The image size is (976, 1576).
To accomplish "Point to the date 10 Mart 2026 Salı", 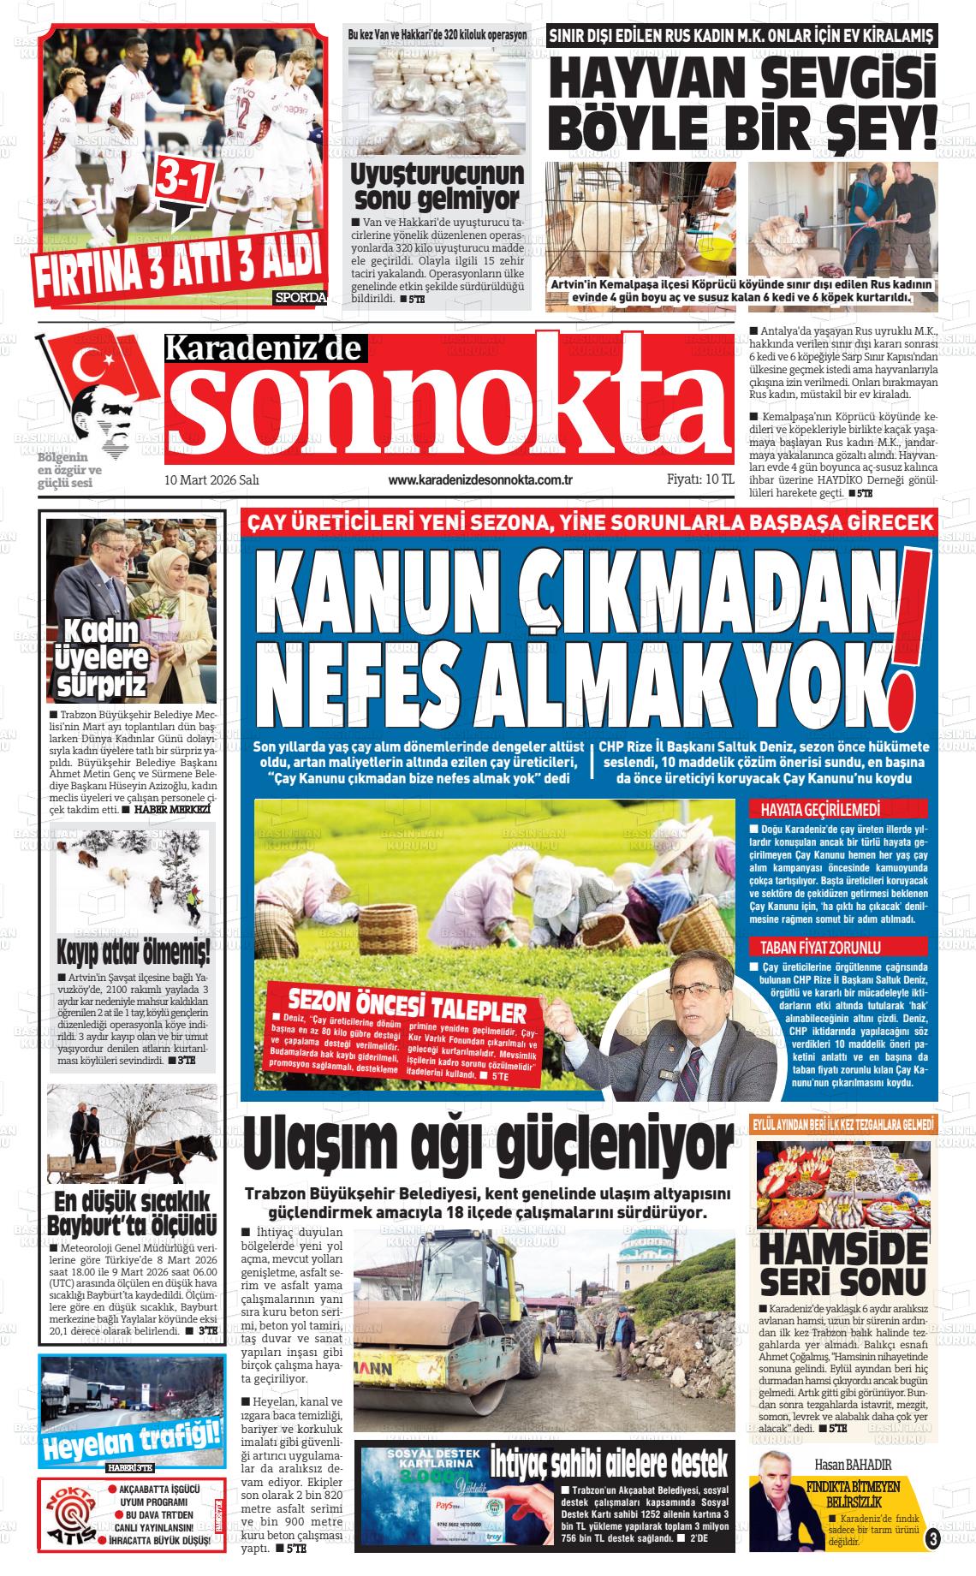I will coord(211,480).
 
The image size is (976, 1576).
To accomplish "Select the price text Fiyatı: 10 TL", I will coord(699,480).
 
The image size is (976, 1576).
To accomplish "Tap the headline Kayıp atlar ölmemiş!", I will coord(133,950).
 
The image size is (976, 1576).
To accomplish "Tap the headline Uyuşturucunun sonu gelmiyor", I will coord(437,186).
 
